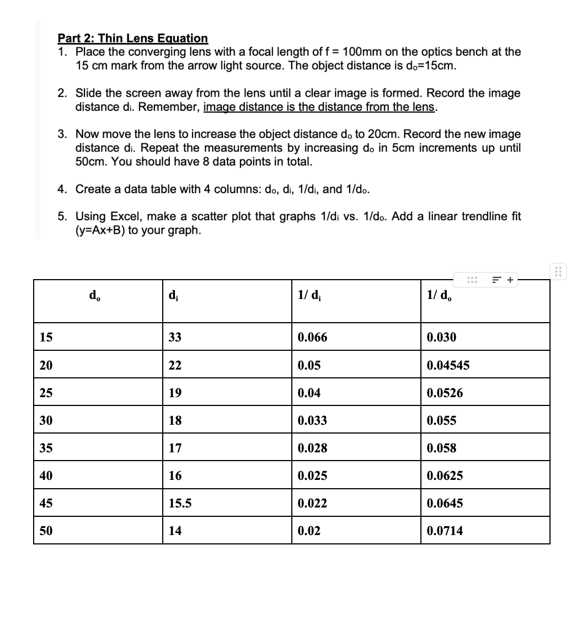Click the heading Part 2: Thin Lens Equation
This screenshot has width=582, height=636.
(132, 38)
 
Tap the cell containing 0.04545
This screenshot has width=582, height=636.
(448, 365)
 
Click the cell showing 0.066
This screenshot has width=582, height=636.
(312, 337)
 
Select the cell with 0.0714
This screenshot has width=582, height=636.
(445, 531)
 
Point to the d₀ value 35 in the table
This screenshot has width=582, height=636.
(46, 448)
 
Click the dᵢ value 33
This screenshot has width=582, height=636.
(175, 337)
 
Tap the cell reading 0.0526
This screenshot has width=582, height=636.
(445, 393)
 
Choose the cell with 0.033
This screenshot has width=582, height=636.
(312, 420)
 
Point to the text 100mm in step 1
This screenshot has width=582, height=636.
(361, 52)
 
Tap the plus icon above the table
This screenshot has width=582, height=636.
(510, 280)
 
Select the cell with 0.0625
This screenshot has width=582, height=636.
(445, 475)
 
